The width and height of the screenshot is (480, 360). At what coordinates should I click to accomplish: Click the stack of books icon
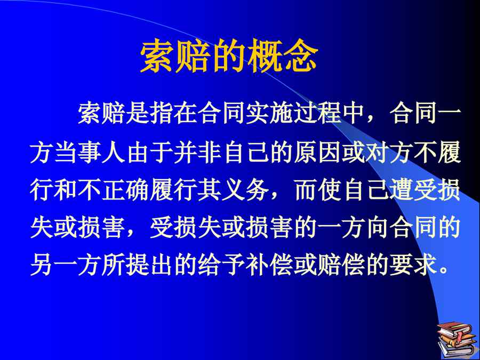click(x=458, y=339)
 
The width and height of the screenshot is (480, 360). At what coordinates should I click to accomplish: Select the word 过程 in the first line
click(x=317, y=114)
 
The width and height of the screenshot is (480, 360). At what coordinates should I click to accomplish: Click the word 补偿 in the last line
click(x=269, y=266)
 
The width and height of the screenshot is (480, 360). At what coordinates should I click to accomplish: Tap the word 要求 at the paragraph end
click(x=413, y=266)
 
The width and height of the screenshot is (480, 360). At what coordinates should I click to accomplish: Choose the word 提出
click(x=150, y=266)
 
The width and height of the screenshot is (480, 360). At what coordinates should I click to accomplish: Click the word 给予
click(x=222, y=266)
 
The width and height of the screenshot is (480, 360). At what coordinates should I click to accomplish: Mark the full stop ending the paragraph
click(x=443, y=270)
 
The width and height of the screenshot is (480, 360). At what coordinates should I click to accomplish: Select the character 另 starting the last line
click(x=42, y=266)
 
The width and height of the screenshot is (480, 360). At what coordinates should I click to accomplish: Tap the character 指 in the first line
click(x=162, y=114)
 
